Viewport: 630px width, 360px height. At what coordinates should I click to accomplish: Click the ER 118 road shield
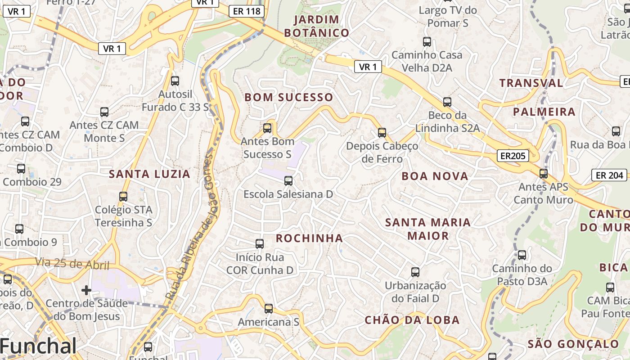(247, 11)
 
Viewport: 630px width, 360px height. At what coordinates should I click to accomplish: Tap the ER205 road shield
(513, 156)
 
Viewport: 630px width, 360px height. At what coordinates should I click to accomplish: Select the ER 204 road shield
(609, 175)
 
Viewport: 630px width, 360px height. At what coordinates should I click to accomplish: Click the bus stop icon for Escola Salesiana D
(288, 181)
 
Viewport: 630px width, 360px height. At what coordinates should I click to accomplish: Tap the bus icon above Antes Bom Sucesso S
(267, 128)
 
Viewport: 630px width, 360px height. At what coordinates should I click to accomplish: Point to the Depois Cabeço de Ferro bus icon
(382, 133)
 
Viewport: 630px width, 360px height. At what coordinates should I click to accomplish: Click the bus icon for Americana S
(269, 309)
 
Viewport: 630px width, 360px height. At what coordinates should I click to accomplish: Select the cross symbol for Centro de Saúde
(86, 290)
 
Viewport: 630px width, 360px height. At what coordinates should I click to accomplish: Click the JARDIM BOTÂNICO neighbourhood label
(317, 26)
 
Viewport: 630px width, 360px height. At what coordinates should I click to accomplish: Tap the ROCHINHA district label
(309, 238)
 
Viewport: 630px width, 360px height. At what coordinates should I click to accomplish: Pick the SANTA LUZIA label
(150, 174)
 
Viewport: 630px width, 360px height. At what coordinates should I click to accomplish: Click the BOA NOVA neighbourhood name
(435, 176)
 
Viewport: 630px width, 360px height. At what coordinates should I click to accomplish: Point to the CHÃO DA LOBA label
(412, 320)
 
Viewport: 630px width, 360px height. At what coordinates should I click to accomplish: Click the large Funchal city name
(39, 346)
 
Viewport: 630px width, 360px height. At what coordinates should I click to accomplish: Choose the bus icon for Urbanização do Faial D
(415, 272)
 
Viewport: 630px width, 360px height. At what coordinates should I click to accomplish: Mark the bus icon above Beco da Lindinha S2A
(447, 102)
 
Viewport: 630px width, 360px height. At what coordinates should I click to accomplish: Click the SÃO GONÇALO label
(573, 344)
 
